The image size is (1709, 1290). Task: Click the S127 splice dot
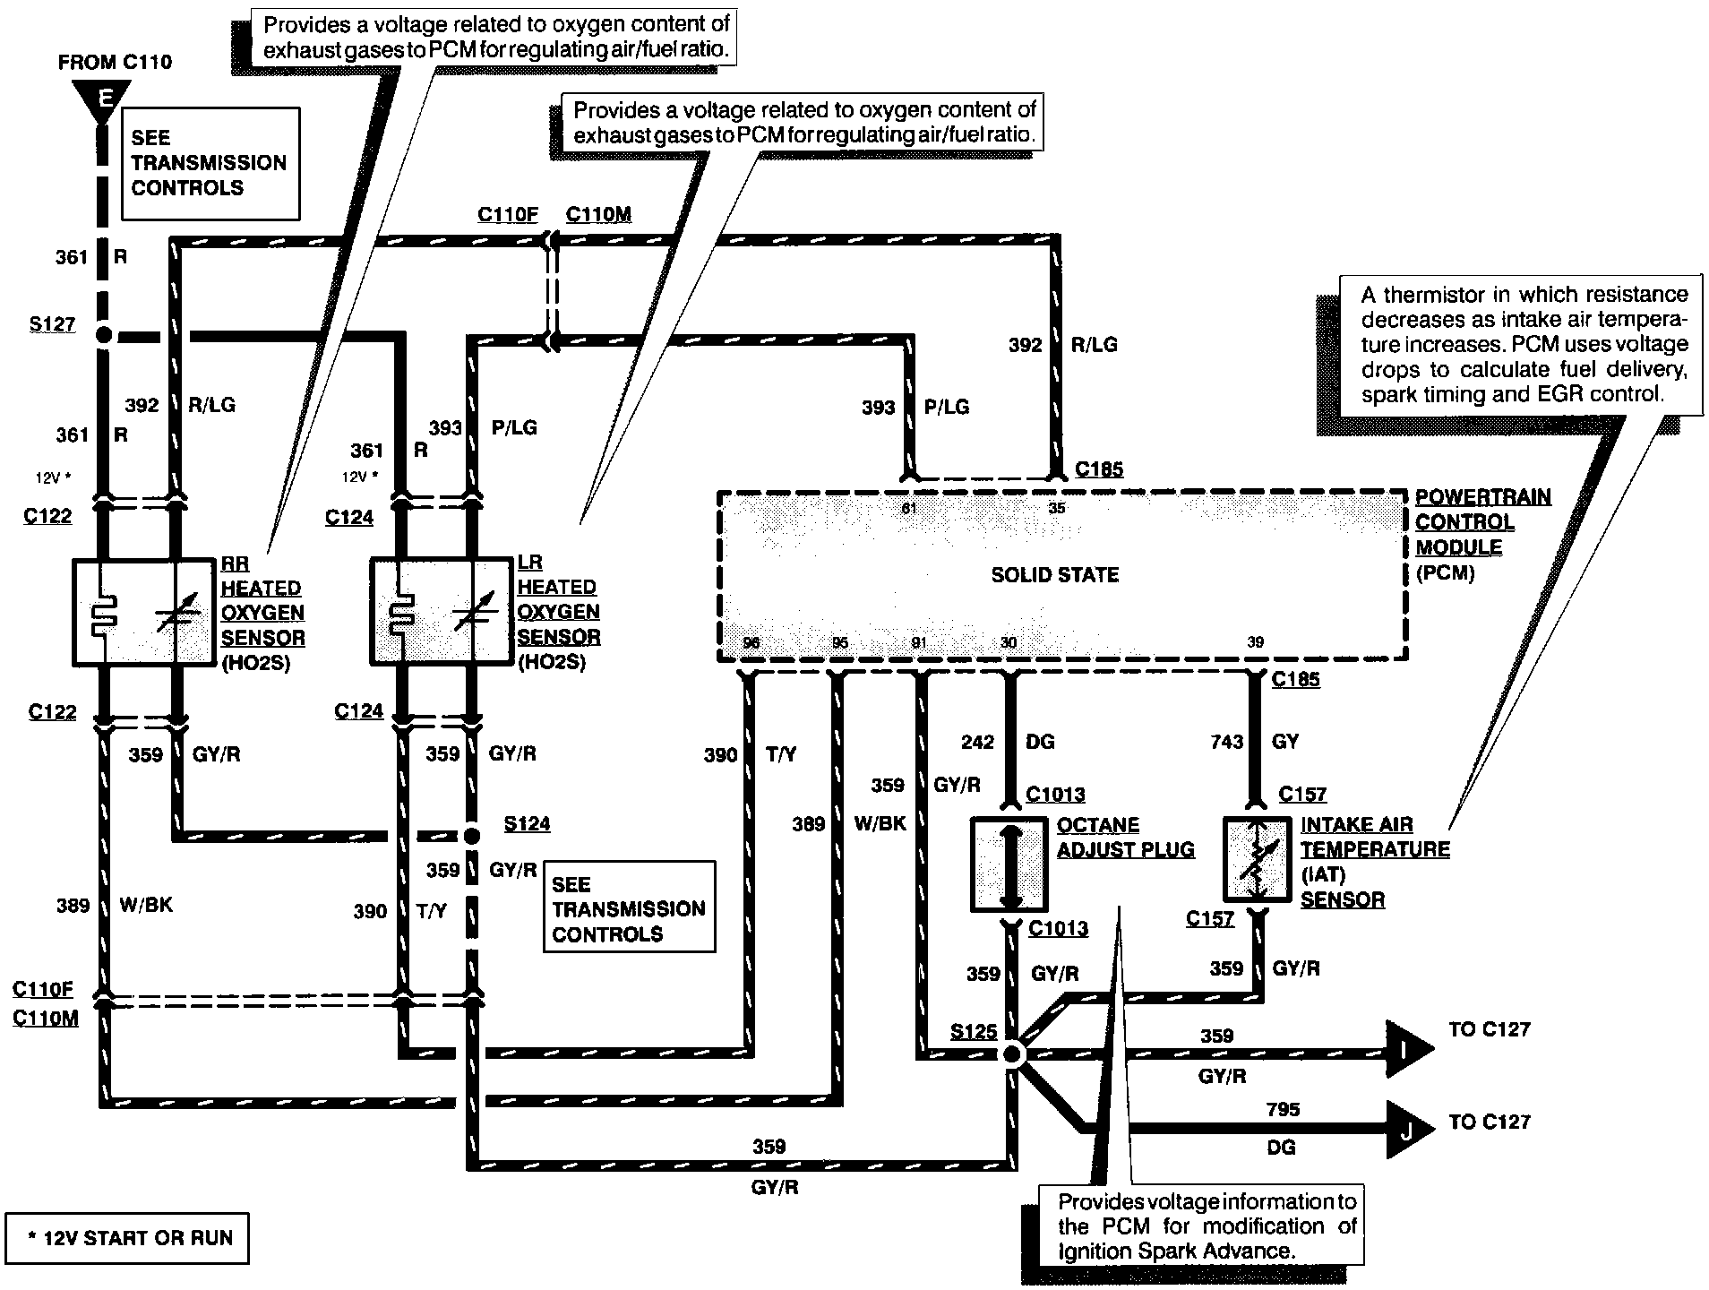(104, 336)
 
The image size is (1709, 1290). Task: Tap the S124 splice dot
(471, 836)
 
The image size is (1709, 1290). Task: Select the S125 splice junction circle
(1012, 1054)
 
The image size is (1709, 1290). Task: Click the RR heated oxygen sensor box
(142, 612)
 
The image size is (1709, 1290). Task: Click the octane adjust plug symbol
(1009, 864)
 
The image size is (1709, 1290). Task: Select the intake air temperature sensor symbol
(1258, 858)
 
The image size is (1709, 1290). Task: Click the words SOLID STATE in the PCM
(1054, 575)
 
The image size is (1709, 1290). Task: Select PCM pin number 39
(1256, 642)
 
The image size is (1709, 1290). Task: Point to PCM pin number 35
(1057, 508)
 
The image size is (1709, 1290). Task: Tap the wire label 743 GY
(1254, 742)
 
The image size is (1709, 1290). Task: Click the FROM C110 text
(115, 62)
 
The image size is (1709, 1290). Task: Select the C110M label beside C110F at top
(598, 214)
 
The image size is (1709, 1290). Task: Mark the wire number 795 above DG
(1283, 1109)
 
